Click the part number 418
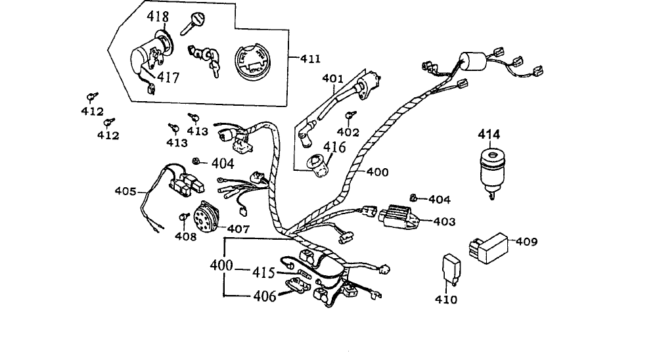click(x=158, y=17)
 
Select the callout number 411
click(x=311, y=58)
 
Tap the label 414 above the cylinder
click(x=489, y=135)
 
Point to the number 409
click(x=526, y=241)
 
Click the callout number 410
click(x=446, y=299)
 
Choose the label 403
click(x=444, y=221)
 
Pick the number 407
click(x=238, y=229)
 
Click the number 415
click(x=263, y=273)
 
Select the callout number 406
click(x=265, y=296)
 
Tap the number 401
click(x=332, y=78)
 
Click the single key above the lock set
click(x=192, y=24)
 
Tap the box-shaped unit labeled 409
click(x=489, y=248)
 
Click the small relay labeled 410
click(x=451, y=269)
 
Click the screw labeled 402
click(x=350, y=115)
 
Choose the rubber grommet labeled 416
click(x=318, y=166)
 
